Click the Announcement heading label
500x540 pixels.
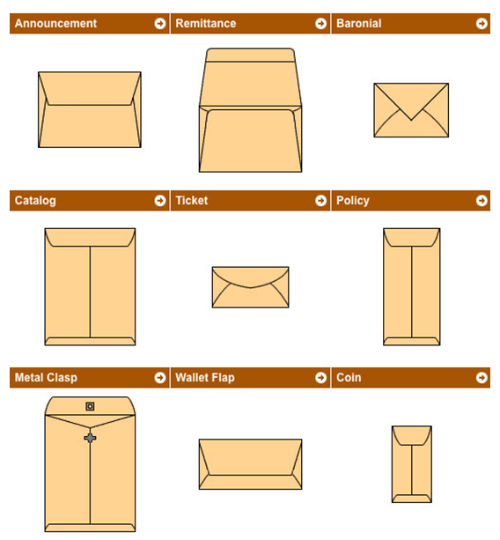(55, 24)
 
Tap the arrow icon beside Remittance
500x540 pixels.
(321, 24)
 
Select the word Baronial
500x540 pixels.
(359, 24)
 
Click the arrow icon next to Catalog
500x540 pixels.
(160, 201)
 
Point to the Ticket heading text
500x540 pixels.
(192, 201)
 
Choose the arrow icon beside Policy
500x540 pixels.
(482, 201)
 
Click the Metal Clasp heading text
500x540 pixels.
(46, 378)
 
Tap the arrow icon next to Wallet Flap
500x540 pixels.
(321, 378)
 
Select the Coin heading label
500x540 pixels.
(349, 378)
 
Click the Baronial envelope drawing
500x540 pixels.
(411, 110)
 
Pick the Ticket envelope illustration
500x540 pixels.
(250, 287)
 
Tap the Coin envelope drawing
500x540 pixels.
(411, 464)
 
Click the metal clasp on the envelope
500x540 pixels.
(90, 437)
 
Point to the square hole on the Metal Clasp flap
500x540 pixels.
(90, 406)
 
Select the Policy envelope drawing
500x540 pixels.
(411, 286)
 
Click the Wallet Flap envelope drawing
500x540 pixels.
(250, 464)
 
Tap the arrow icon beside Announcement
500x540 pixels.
(160, 24)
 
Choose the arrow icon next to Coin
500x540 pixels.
(482, 378)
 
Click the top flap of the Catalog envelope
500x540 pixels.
(90, 237)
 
